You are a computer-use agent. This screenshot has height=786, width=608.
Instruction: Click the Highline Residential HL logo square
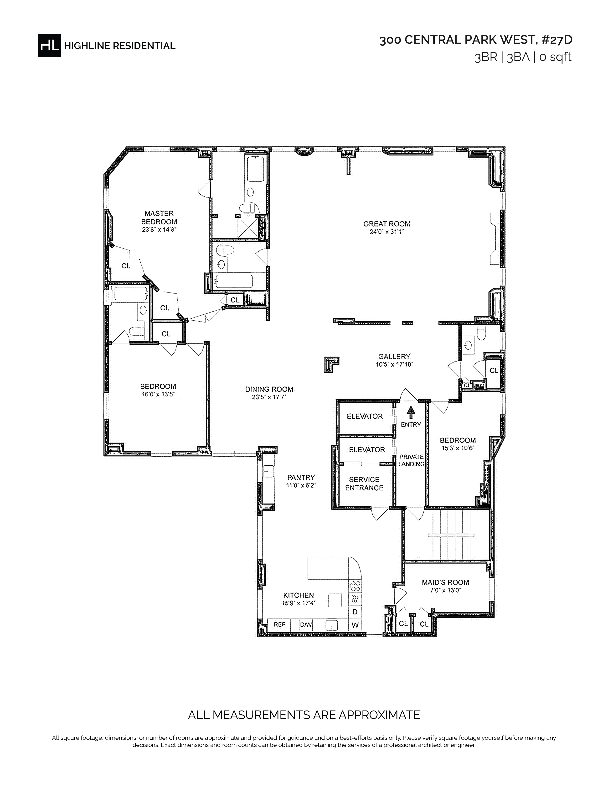coord(49,45)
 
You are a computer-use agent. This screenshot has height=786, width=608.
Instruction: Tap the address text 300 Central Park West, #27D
coord(475,40)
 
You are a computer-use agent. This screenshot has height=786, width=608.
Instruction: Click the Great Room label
coord(387,224)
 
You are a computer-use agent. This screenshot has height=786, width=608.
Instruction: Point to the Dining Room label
coord(269,389)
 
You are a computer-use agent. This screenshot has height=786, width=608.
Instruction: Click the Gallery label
coord(394,356)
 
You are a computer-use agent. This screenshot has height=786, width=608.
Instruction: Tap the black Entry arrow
coord(411,412)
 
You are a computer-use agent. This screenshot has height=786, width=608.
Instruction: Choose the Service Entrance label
coord(364,484)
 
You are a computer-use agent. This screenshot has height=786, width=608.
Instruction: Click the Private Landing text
coord(411,460)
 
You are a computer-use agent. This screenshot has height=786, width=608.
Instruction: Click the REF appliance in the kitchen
coord(279,625)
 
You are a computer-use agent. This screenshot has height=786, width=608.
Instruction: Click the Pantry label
coord(301,477)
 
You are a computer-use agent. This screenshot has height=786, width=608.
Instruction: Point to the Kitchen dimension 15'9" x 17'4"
coord(299,603)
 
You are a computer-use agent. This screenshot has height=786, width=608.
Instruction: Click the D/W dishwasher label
coord(306,625)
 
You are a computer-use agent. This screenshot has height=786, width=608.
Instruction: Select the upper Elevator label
coord(365,416)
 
